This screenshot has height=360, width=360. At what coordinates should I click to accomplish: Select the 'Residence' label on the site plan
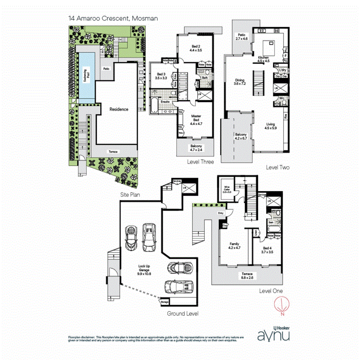[x=119, y=109]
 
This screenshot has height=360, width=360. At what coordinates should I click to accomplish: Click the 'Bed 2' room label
[x=196, y=48]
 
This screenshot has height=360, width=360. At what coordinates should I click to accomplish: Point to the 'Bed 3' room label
[x=161, y=76]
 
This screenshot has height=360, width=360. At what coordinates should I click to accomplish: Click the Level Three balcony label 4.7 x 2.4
[x=196, y=148]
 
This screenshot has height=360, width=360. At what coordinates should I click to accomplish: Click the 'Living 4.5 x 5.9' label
[x=270, y=126]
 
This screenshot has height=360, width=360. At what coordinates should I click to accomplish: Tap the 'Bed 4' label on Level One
[x=267, y=250]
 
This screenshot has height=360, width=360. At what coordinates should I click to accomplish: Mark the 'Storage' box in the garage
[x=164, y=302]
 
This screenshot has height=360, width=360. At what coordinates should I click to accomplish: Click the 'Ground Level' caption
[x=182, y=314]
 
